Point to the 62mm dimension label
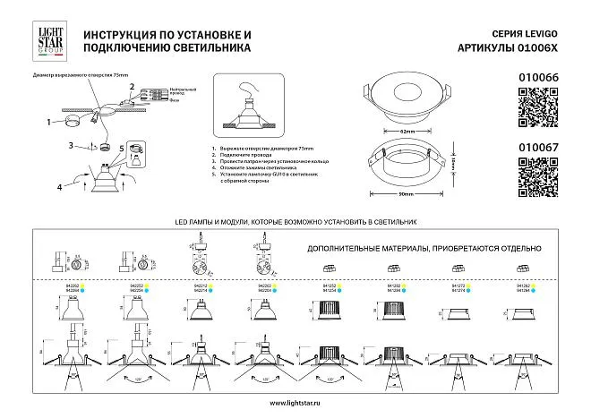tap(407, 132)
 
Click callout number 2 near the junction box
tap(132, 86)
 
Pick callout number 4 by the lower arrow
tap(60, 187)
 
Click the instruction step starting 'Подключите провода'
tap(244, 156)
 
